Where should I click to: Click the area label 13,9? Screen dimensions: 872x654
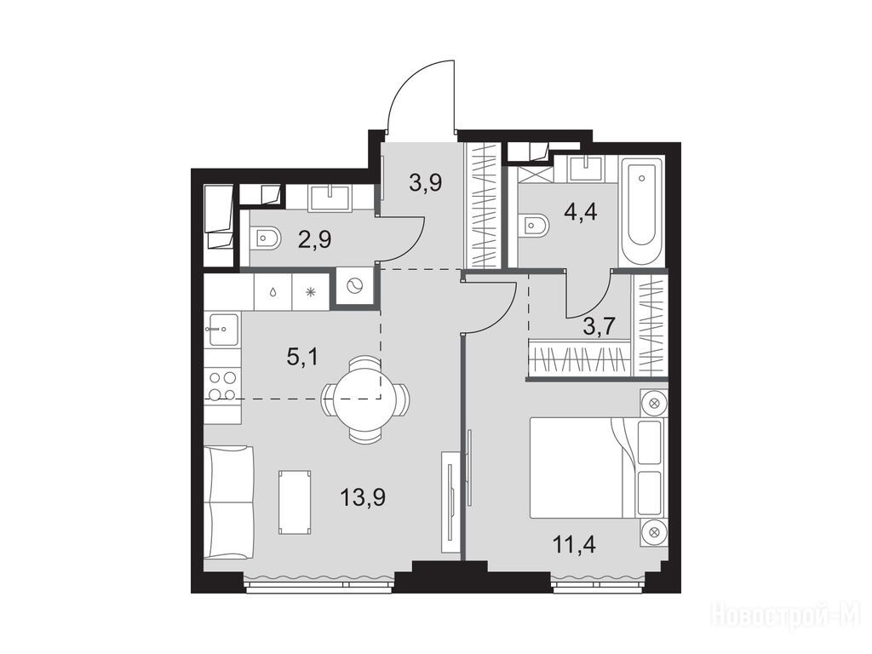click(x=363, y=496)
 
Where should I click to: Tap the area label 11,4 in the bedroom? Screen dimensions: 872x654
click(x=575, y=544)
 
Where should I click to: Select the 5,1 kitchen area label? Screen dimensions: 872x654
click(x=302, y=357)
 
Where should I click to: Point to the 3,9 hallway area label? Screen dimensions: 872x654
click(x=426, y=181)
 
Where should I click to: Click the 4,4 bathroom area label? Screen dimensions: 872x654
click(x=581, y=212)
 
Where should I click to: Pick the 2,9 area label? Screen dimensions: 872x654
click(x=315, y=239)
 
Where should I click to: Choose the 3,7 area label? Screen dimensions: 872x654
click(x=599, y=326)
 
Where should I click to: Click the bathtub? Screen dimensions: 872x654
click(x=642, y=212)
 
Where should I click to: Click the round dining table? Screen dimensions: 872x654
click(x=364, y=399)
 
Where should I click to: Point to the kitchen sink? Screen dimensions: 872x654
click(x=223, y=330)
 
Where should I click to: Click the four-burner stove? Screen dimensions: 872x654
click(x=222, y=387)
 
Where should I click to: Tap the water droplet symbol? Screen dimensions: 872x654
click(x=273, y=292)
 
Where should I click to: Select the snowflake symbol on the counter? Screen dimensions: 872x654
click(x=311, y=292)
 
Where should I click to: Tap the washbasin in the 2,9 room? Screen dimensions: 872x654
click(x=330, y=198)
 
